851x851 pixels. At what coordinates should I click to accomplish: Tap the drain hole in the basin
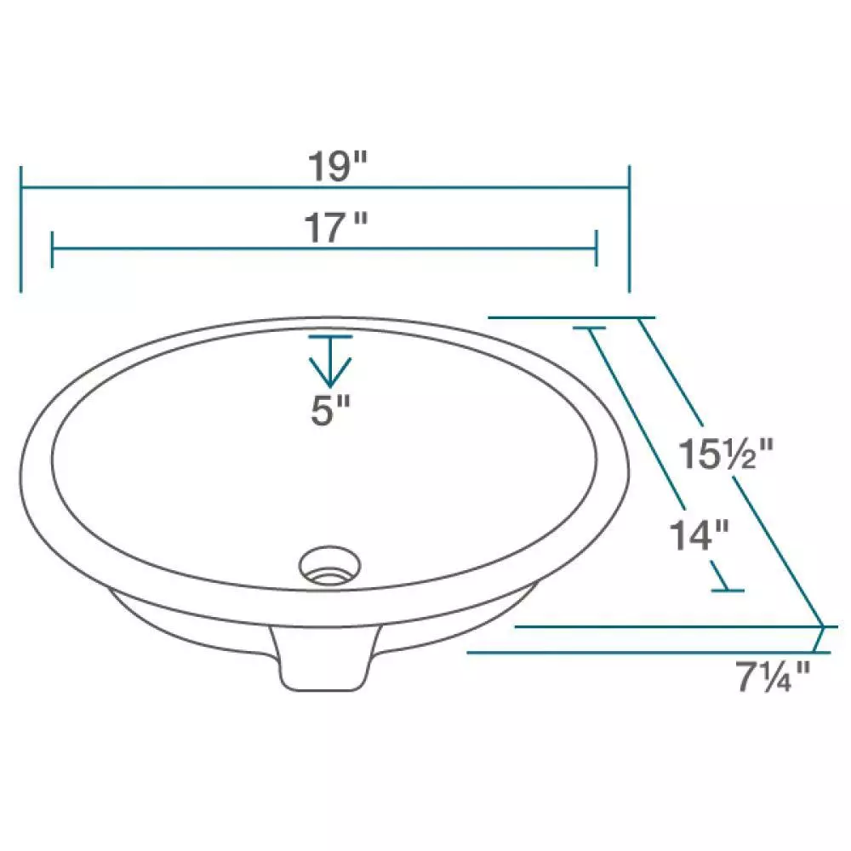click(330, 565)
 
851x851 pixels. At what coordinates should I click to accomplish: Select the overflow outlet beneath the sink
click(323, 660)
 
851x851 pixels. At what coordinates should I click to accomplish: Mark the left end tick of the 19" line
click(21, 228)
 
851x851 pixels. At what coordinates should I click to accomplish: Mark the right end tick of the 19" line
click(629, 228)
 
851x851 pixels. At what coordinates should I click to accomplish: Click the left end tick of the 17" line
click(53, 248)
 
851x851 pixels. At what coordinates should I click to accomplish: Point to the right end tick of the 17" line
click(596, 248)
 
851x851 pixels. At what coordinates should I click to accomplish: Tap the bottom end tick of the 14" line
click(728, 590)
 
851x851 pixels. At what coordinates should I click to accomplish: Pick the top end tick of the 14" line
click(589, 328)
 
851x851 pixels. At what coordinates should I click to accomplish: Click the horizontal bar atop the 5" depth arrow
click(330, 338)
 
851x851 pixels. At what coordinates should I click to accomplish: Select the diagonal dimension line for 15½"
click(732, 472)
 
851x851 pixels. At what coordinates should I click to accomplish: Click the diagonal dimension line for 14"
click(655, 455)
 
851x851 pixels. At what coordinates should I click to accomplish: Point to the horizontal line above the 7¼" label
click(647, 653)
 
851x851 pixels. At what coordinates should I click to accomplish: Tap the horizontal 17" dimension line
click(213, 248)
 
